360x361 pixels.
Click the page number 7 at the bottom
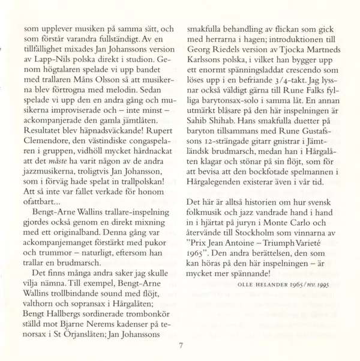point(181,345)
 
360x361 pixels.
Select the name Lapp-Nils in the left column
point(52,50)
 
